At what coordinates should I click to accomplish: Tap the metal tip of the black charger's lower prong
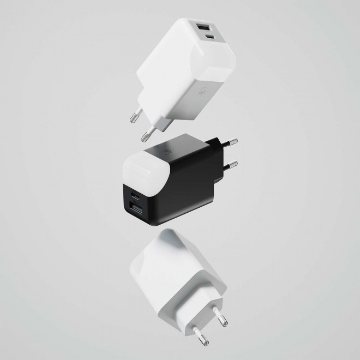click(235, 163)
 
